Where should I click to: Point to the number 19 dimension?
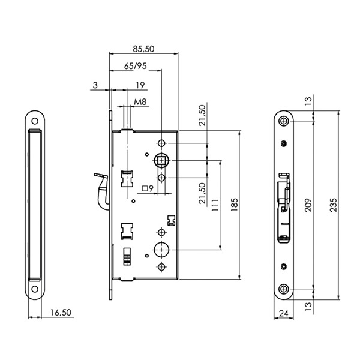[x=140, y=85]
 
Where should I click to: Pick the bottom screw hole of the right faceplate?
[x=284, y=289]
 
